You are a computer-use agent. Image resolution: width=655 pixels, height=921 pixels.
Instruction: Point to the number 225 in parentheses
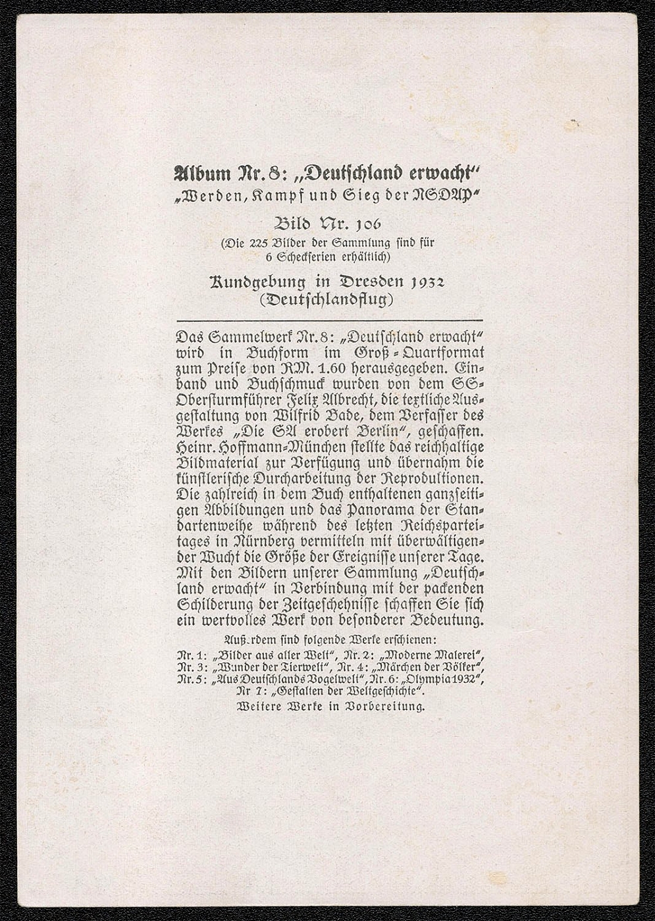(255, 242)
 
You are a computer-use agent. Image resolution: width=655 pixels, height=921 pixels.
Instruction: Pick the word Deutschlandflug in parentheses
(327, 299)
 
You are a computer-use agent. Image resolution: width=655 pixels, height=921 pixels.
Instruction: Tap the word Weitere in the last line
(257, 707)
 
